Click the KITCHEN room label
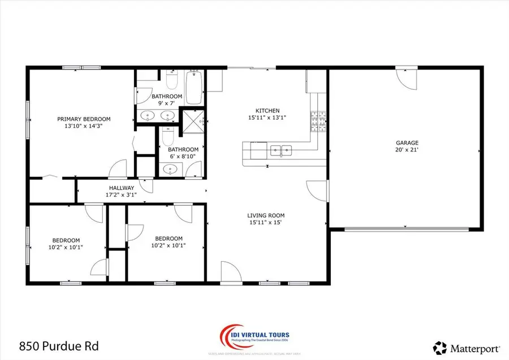(x=268, y=111)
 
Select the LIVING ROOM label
(x=265, y=215)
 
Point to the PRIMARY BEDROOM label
(x=84, y=119)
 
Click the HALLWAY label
(x=122, y=188)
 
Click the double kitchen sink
(x=281, y=150)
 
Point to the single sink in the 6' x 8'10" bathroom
(x=168, y=168)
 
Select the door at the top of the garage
(x=407, y=76)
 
